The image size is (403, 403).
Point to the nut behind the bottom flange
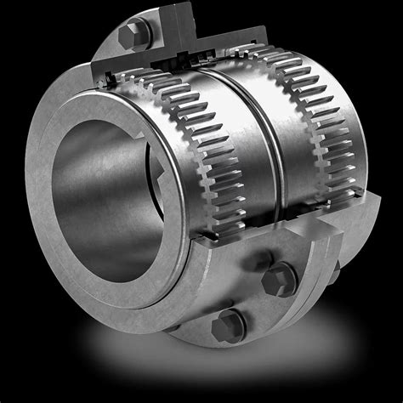click(332, 270)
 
